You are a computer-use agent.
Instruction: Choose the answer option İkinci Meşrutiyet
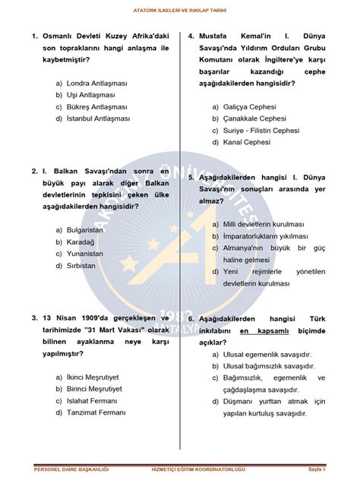point(87,377)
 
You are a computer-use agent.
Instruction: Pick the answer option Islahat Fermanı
point(86,400)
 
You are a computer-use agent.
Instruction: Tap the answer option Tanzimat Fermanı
point(90,413)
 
